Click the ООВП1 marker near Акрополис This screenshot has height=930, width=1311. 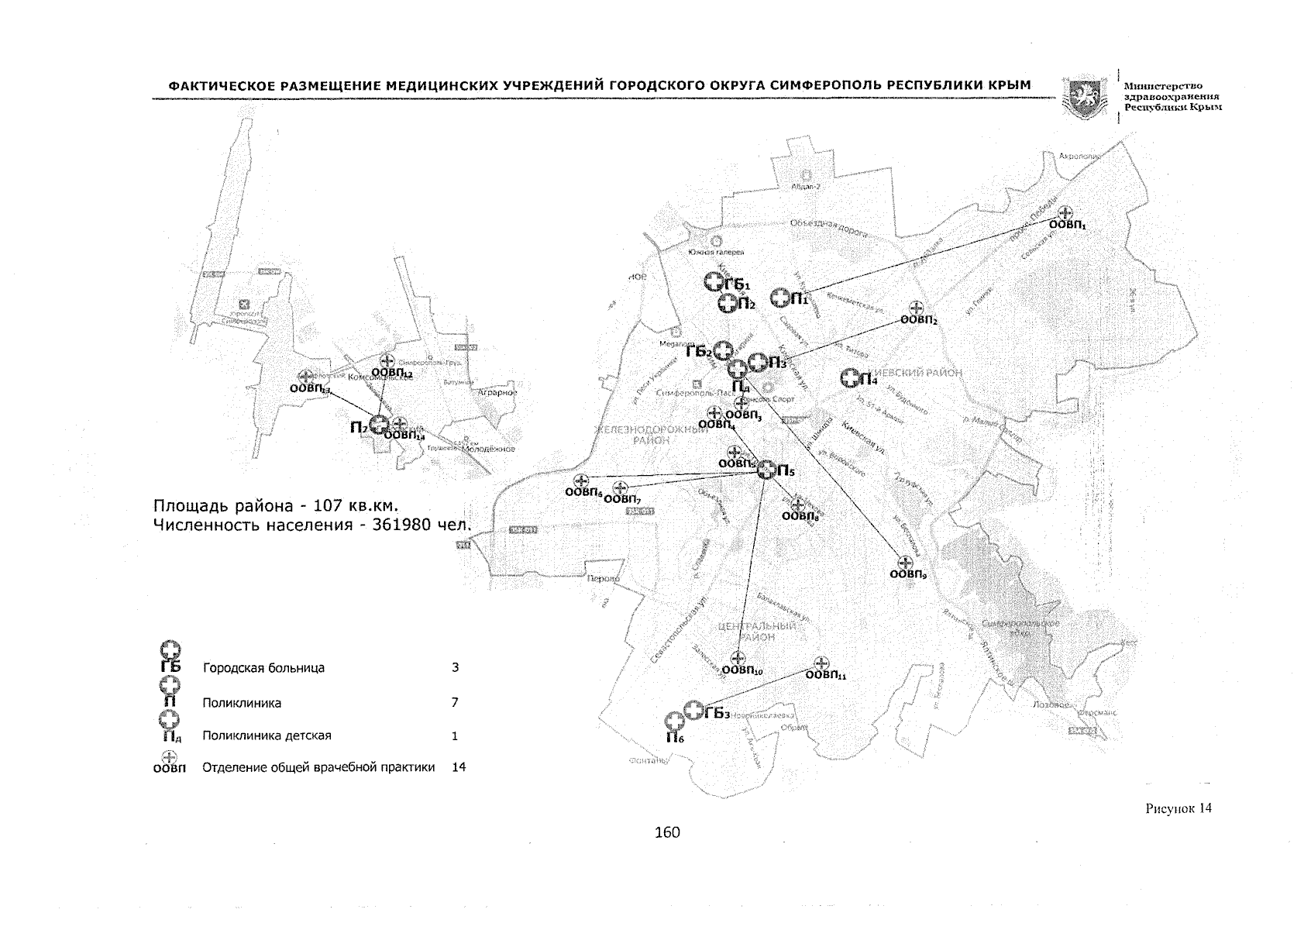(x=1065, y=212)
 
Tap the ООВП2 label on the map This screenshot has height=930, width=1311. (x=919, y=320)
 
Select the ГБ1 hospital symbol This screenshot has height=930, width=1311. (x=714, y=282)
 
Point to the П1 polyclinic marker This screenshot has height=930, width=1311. (x=780, y=298)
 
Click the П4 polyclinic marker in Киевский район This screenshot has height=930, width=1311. (x=852, y=377)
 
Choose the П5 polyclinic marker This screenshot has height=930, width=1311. (x=766, y=470)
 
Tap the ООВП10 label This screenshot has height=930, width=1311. (x=742, y=670)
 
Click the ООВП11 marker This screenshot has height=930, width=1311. (x=822, y=663)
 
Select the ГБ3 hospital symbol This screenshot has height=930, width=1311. (x=694, y=711)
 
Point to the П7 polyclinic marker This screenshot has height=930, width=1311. (x=378, y=424)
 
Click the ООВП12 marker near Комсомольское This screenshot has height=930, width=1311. (x=387, y=360)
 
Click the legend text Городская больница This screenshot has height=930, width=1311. (x=263, y=668)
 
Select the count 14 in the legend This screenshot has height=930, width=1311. (x=459, y=767)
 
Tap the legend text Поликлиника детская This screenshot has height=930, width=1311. (x=267, y=735)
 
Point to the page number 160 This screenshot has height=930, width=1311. (x=666, y=832)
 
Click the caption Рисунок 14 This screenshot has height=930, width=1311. (x=1178, y=808)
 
